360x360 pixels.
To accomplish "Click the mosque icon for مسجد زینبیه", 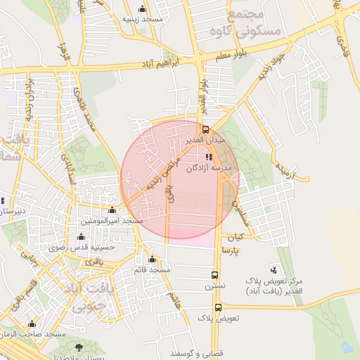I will [x=143, y=8].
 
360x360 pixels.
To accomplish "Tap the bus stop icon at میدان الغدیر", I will [x=206, y=129].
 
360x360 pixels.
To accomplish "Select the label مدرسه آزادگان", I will [x=210, y=169].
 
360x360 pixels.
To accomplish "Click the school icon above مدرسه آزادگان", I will [x=209, y=157].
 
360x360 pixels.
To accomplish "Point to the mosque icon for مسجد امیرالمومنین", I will [x=112, y=210].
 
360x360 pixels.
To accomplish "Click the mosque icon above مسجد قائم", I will [x=153, y=259].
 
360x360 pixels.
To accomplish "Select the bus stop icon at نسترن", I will [x=215, y=275].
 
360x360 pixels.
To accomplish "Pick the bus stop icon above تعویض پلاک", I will [x=218, y=307].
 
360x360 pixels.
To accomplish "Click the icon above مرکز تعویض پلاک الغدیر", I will [x=274, y=269].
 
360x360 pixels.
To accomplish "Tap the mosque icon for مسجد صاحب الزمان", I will [x=32, y=323].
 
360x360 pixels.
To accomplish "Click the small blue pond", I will [x=346, y=346].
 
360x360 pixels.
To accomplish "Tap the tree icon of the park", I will [x=79, y=347].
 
